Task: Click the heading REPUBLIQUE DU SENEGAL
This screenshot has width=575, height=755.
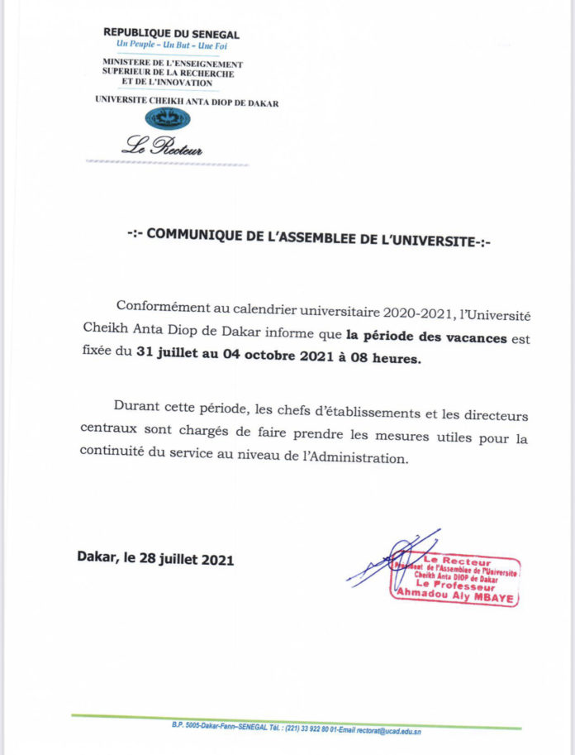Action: click(x=171, y=34)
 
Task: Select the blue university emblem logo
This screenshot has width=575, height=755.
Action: click(x=168, y=118)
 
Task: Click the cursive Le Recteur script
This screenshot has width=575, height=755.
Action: click(x=162, y=149)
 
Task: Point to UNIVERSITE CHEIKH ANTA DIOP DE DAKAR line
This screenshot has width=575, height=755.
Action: click(x=187, y=103)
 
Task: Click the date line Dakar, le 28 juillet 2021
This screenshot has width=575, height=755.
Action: click(x=155, y=560)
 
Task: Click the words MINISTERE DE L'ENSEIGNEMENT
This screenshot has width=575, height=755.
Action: click(x=172, y=64)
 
